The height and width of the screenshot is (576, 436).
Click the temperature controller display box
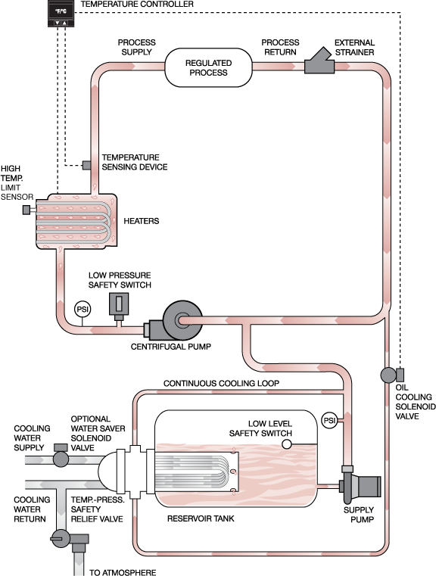[x=61, y=14]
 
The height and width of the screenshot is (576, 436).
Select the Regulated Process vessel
[x=208, y=67]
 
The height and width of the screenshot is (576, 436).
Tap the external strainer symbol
[x=319, y=61]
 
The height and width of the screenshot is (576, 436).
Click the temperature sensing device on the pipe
[x=87, y=165]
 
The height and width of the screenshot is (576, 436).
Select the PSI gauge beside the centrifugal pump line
[x=83, y=310]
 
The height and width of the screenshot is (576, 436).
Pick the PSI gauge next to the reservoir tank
[x=329, y=420]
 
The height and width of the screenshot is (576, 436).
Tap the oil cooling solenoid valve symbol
[x=391, y=375]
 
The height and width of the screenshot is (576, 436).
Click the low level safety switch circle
[x=287, y=444]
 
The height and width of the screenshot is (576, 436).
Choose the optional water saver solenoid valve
[x=61, y=456]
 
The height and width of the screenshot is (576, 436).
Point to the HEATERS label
[x=142, y=221]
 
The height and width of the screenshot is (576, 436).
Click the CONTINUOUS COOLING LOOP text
[x=221, y=383]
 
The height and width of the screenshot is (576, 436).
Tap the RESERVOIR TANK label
[x=201, y=518]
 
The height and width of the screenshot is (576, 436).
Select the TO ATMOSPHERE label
[x=123, y=572]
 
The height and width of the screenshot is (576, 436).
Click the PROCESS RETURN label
[x=280, y=47]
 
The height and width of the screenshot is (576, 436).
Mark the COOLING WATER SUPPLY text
[x=32, y=438]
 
